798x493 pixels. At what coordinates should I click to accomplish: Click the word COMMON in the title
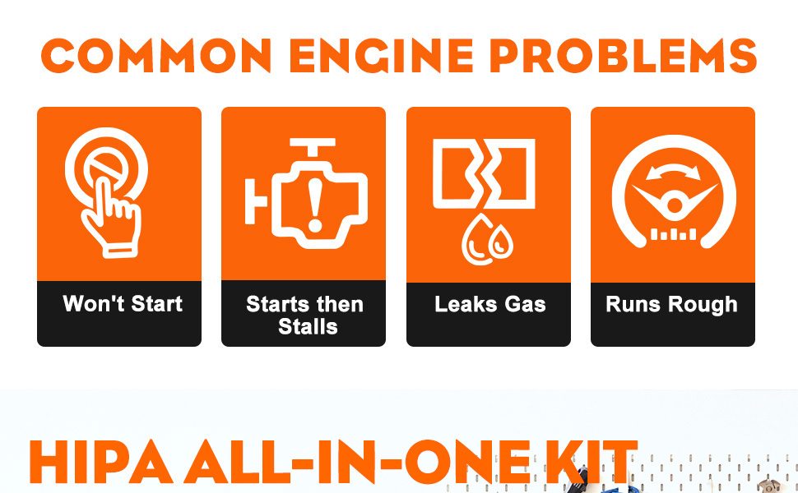155,56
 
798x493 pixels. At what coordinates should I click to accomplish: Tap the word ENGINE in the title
381,56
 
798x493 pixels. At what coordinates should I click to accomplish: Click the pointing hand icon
112,219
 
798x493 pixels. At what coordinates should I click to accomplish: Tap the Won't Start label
123,303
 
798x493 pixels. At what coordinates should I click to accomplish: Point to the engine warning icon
306,193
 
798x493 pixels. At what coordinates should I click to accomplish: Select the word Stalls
308,326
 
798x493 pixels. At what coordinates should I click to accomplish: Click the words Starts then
305,304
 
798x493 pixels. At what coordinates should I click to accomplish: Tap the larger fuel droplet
477,240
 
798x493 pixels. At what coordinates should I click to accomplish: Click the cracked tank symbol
484,173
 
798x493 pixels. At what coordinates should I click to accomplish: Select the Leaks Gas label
490,304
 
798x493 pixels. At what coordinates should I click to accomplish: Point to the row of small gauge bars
673,234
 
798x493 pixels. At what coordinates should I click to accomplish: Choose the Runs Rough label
672,305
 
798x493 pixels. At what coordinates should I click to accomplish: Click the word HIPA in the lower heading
100,463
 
